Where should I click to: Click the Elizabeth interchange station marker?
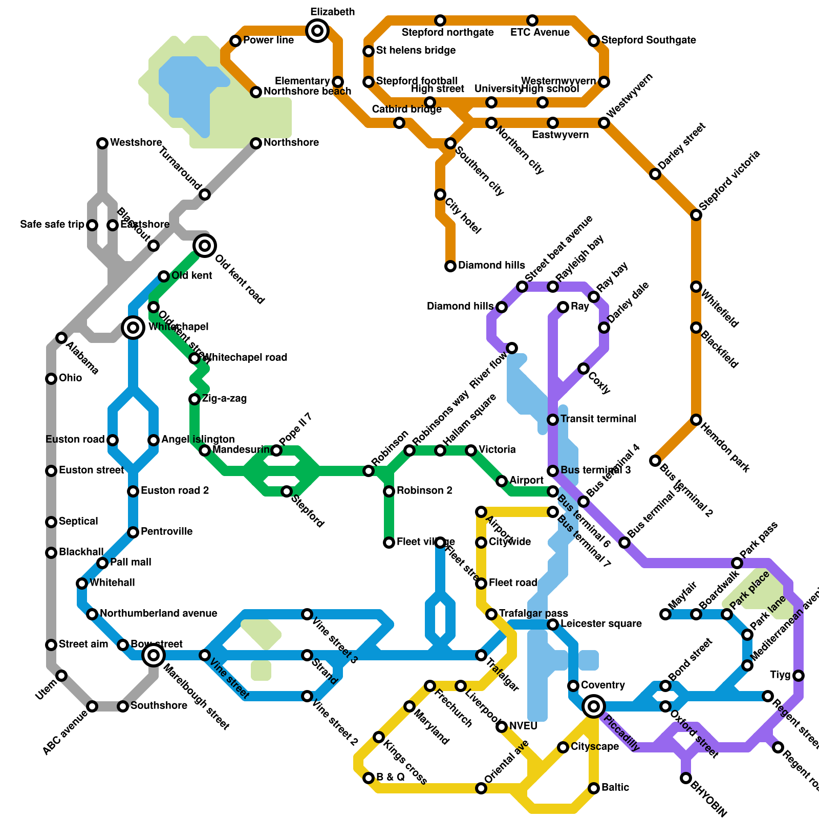[x=317, y=31]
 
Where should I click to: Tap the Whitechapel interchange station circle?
[x=133, y=327]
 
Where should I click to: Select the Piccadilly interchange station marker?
[x=594, y=706]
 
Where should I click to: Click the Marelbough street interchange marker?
[x=154, y=655]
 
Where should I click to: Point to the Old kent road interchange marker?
[x=205, y=246]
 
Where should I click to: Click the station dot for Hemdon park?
[x=696, y=420]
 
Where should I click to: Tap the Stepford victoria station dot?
[x=696, y=215]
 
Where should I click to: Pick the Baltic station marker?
[x=594, y=788]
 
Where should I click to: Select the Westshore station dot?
[x=102, y=143]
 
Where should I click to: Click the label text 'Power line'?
[x=268, y=40]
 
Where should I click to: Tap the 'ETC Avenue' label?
[x=540, y=33]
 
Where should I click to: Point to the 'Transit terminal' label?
[x=598, y=419]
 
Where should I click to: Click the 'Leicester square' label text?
[x=601, y=624]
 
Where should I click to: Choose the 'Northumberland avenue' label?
[x=158, y=614]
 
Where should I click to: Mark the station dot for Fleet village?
[x=389, y=543]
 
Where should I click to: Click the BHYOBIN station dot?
[x=686, y=778]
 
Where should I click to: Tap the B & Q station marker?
[x=369, y=778]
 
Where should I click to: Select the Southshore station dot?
[x=123, y=706]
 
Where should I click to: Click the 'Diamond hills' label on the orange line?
[x=491, y=266]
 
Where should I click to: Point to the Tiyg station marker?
[x=799, y=676]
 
